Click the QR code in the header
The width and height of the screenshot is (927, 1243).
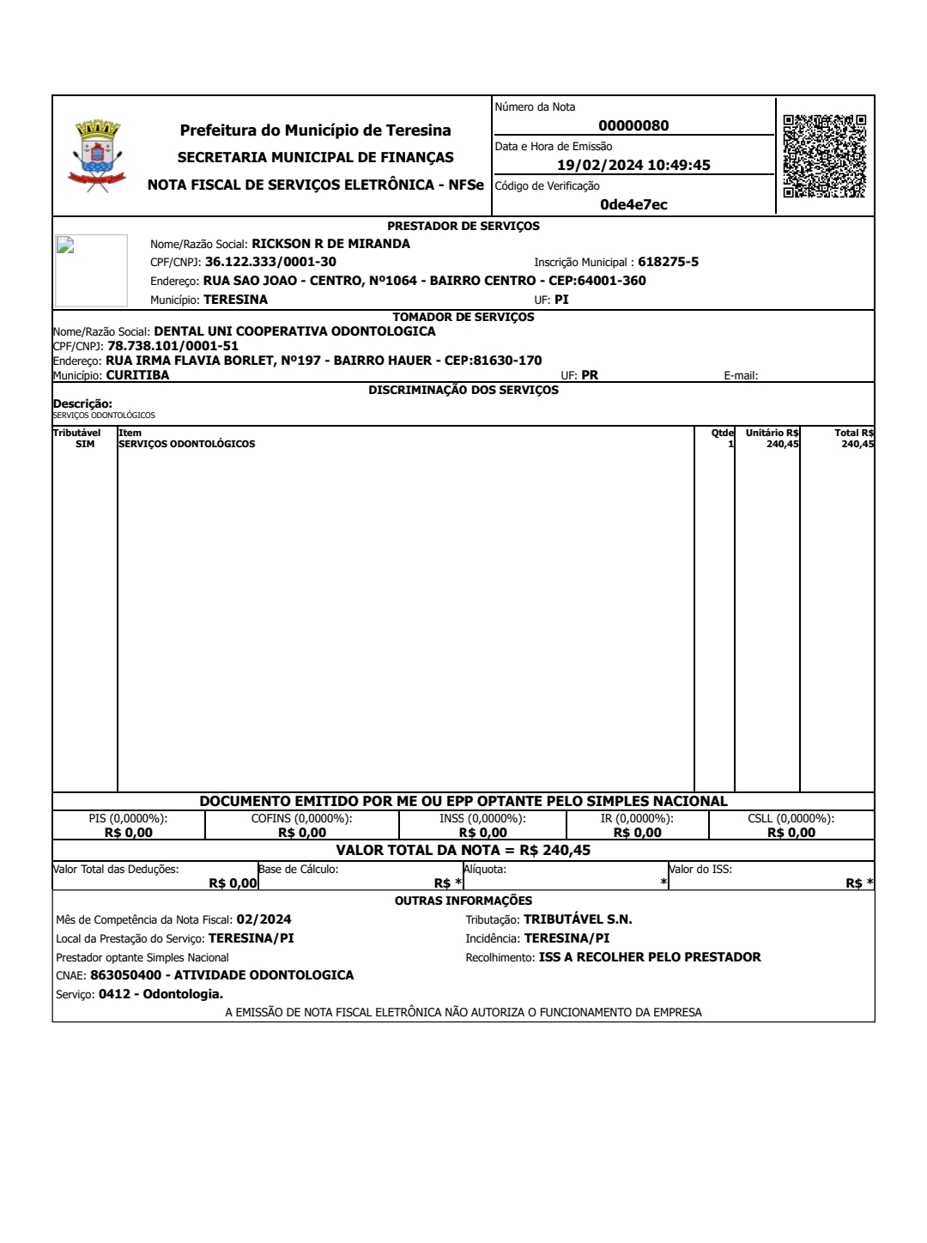[824, 156]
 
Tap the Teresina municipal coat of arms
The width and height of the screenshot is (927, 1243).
[97, 155]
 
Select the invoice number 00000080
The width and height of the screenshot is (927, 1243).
[633, 125]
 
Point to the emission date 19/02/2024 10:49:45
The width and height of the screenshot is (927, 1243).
[633, 165]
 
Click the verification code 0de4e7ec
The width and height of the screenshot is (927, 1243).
[633, 204]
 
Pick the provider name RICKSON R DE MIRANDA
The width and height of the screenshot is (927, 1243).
[330, 244]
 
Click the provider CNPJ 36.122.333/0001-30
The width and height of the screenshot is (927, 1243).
[270, 262]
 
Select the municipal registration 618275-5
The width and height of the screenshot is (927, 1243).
[668, 262]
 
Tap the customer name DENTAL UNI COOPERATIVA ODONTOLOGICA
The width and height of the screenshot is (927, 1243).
[294, 331]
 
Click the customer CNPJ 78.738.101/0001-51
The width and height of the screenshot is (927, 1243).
[173, 346]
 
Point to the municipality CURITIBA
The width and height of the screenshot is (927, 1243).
[137, 375]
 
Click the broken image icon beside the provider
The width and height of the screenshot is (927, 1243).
[65, 245]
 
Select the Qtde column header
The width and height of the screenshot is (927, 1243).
[723, 433]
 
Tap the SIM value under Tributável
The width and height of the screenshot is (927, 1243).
[85, 444]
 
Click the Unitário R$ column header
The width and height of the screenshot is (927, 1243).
[772, 433]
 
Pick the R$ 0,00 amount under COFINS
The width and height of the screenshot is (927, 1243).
[302, 833]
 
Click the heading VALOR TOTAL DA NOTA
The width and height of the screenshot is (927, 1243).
[427, 850]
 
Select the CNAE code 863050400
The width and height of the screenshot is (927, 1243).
[125, 975]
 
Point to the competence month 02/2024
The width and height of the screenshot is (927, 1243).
[264, 919]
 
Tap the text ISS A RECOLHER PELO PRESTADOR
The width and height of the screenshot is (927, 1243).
[650, 957]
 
